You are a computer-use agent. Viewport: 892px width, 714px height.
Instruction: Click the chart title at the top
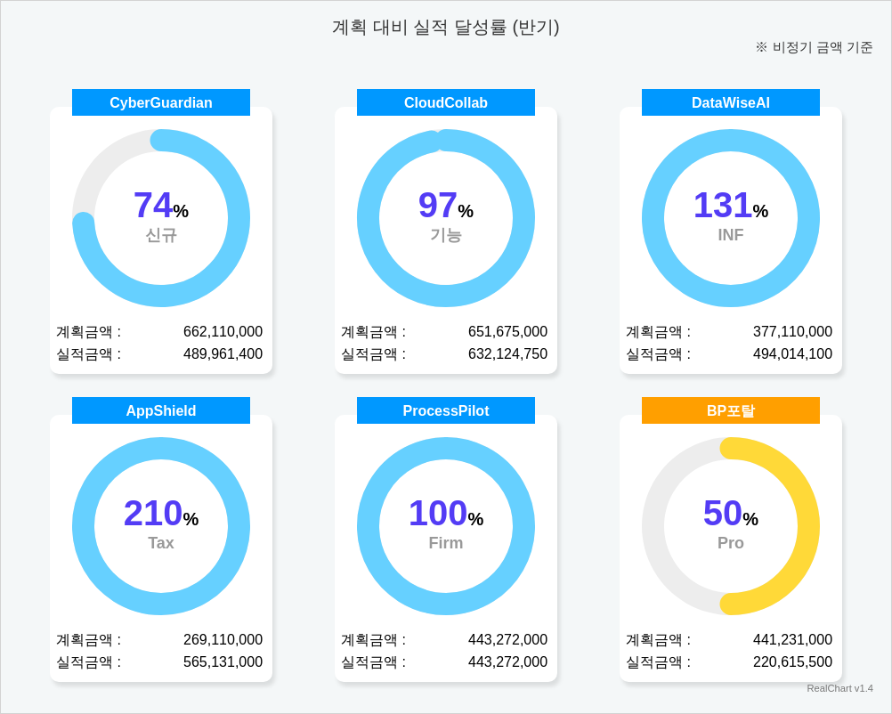point(445,27)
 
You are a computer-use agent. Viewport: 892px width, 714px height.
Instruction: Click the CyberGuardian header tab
point(161,102)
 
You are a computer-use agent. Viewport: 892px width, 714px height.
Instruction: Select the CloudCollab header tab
point(446,102)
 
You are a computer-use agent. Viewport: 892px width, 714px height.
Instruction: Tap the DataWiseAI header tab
point(731,102)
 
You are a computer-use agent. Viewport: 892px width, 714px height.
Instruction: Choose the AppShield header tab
point(161,410)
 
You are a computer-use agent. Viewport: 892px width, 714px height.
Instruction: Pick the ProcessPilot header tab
point(446,410)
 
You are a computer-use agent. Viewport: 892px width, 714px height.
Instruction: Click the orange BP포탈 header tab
point(731,410)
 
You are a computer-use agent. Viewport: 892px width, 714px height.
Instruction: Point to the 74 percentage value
point(153,206)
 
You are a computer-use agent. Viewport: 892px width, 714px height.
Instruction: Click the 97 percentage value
point(438,206)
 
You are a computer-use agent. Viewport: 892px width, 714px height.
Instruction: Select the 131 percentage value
point(723,206)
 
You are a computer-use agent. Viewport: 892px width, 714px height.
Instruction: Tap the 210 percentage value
point(153,514)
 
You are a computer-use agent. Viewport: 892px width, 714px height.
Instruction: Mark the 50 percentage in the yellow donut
point(723,514)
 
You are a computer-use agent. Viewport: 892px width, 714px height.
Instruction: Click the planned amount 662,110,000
point(223,332)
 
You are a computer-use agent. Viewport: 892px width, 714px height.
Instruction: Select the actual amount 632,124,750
point(507,354)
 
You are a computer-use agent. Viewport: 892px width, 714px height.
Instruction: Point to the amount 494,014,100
point(792,354)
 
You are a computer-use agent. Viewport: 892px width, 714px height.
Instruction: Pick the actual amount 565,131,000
point(223,662)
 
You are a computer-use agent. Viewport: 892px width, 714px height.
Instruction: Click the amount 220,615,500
point(792,662)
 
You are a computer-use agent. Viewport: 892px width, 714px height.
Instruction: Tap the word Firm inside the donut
point(446,543)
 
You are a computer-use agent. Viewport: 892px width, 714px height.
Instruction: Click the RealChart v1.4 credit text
point(839,688)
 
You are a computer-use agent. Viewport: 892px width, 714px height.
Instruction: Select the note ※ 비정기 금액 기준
point(814,47)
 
